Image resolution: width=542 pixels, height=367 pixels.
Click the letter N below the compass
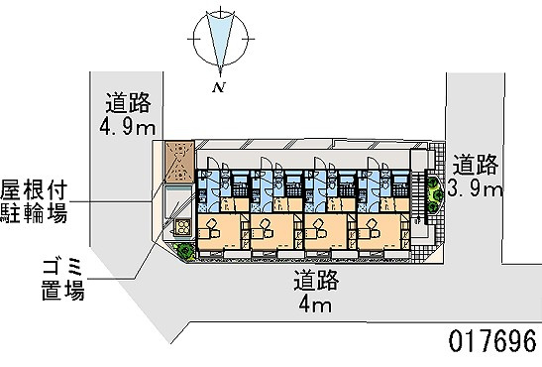point(218,87)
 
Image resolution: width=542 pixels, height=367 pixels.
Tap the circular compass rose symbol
point(221,39)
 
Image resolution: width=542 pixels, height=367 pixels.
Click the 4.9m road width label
point(127,127)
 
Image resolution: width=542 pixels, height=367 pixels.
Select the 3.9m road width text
point(476,188)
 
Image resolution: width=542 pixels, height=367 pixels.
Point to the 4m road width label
point(315,306)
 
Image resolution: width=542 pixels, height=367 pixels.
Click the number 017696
point(492,340)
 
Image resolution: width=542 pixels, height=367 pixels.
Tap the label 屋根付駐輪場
point(34,201)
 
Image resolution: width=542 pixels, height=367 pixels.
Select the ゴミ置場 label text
point(62,279)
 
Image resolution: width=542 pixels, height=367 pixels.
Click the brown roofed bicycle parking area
point(179,161)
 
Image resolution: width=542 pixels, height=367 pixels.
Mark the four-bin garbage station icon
point(182,227)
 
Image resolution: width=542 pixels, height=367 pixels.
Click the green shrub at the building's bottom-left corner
point(185,251)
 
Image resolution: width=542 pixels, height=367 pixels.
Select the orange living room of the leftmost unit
point(219,231)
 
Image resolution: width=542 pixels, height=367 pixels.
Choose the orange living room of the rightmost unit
point(379,231)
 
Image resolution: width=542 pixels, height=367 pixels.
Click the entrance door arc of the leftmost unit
point(211,163)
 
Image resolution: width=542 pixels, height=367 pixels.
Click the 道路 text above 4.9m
point(128,103)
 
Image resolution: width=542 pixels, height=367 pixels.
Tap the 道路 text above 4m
point(316,280)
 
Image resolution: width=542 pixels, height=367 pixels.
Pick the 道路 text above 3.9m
point(476,164)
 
